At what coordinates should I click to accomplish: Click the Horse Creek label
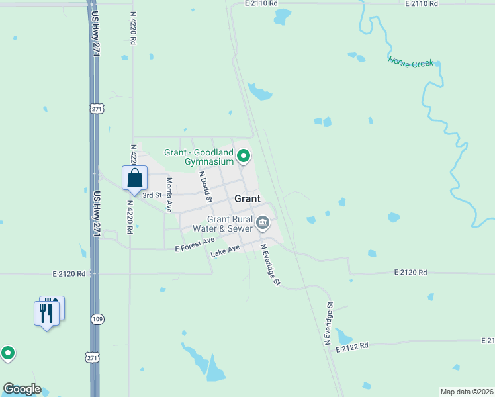click(x=410, y=63)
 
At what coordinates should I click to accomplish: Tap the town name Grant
click(x=247, y=198)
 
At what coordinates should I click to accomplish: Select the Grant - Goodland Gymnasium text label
click(x=199, y=157)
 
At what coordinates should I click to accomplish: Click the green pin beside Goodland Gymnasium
click(x=244, y=156)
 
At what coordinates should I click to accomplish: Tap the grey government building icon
click(x=263, y=223)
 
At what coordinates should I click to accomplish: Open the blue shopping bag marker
click(x=134, y=178)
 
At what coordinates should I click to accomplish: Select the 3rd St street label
click(x=153, y=195)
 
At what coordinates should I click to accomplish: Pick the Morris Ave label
click(x=169, y=195)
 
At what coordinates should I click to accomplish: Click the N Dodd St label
click(x=204, y=187)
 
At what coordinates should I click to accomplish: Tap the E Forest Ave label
click(x=195, y=245)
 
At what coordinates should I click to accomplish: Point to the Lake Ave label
click(x=225, y=253)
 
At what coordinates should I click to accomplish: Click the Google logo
click(x=22, y=389)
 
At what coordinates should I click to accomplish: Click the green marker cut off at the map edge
click(x=7, y=353)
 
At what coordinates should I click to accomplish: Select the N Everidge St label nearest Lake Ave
click(x=270, y=265)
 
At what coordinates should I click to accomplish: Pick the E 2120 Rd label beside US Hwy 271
click(x=68, y=273)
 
